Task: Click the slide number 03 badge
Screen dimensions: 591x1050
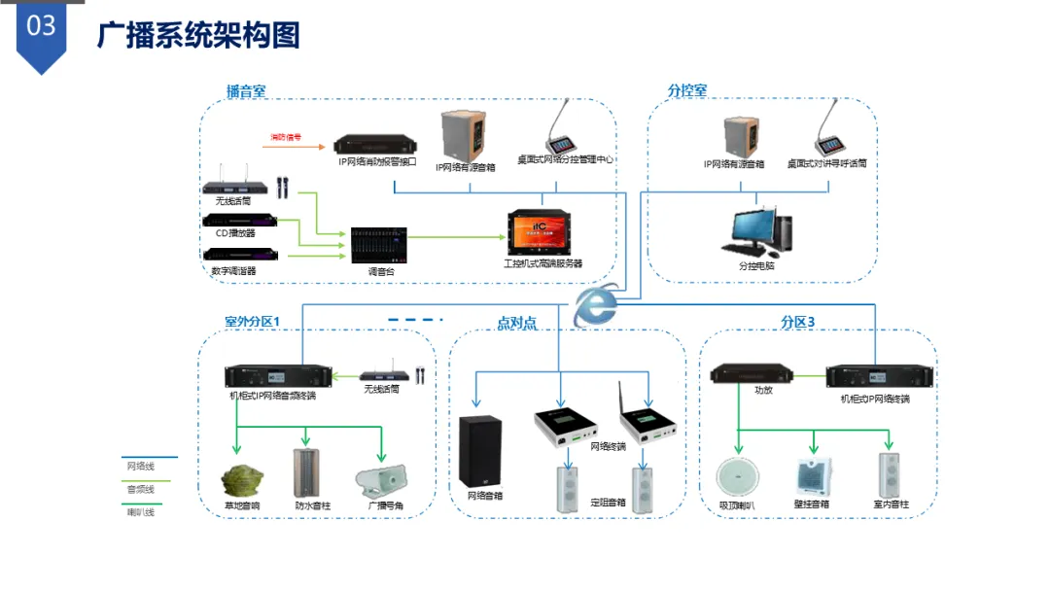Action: (x=42, y=28)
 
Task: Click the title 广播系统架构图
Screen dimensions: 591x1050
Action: (x=198, y=36)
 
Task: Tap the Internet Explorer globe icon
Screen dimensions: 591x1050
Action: (x=595, y=308)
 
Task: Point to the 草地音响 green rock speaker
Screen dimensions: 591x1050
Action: (x=242, y=479)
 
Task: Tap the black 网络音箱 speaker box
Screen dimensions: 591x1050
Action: (x=481, y=452)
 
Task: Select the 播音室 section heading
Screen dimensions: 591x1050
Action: (x=246, y=91)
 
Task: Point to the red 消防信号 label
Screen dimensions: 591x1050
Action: (x=286, y=137)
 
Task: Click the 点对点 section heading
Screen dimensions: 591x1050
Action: (x=516, y=323)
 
